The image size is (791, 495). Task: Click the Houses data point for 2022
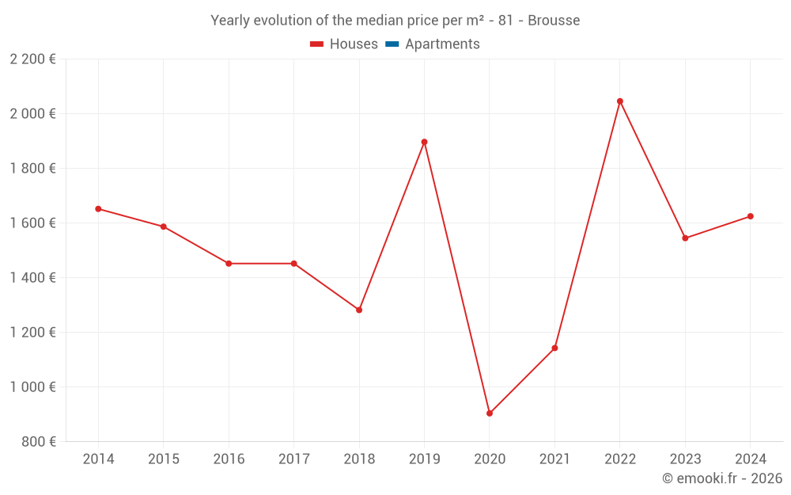tap(619, 101)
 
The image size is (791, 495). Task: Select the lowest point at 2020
tap(490, 413)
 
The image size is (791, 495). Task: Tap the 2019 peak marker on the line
tap(424, 142)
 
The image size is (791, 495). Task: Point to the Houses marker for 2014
tap(98, 209)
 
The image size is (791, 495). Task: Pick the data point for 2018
tap(359, 310)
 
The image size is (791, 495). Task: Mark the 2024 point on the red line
tap(750, 216)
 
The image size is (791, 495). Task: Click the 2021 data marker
tap(554, 348)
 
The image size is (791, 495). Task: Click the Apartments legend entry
tap(442, 44)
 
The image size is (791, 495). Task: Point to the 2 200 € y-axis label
tap(32, 59)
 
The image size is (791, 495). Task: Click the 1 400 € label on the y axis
tap(32, 278)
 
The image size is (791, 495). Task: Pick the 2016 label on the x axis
tap(229, 459)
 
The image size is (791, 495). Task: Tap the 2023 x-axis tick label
tap(685, 459)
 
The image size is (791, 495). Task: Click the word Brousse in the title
tap(554, 21)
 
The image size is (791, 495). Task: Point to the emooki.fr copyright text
tap(722, 478)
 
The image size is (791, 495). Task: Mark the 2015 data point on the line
tap(164, 227)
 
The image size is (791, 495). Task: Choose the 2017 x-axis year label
tap(293, 459)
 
